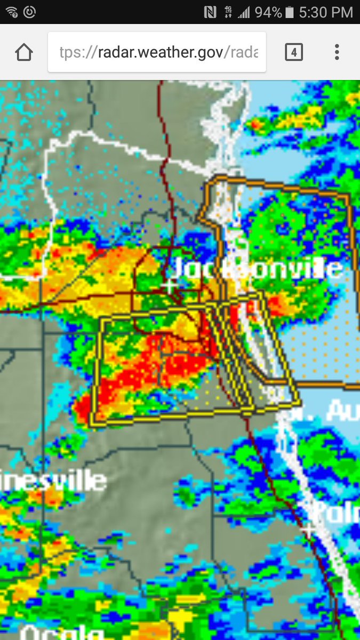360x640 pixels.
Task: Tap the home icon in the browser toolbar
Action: click(24, 52)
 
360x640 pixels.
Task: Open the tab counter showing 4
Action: click(294, 52)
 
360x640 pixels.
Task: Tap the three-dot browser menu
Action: click(337, 52)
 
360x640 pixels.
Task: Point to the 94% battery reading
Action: click(268, 12)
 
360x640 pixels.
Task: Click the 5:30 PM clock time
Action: click(325, 12)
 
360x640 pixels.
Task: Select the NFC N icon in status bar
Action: click(210, 12)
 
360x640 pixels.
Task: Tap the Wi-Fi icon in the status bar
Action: click(11, 12)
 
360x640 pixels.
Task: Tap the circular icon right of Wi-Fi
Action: click(29, 12)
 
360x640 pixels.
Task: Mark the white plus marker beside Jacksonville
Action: click(170, 286)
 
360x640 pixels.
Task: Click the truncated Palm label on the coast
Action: click(336, 512)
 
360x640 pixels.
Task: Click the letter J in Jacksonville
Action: click(181, 269)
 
